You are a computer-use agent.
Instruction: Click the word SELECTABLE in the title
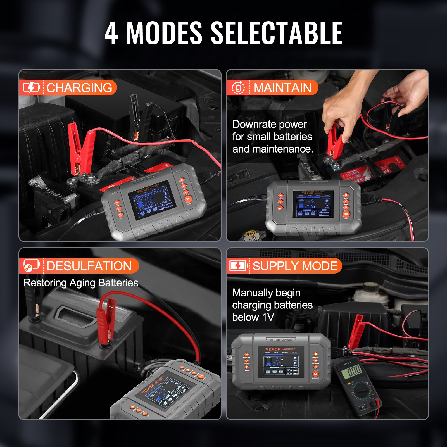[x=277, y=33]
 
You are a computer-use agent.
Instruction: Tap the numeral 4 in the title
[x=111, y=33]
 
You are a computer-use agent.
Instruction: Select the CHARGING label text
[x=79, y=88]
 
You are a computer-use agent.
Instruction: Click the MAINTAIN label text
[x=282, y=88]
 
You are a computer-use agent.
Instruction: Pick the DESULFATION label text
[x=89, y=266]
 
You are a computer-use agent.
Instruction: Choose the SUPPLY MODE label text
[x=295, y=266]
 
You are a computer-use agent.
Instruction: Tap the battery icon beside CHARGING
[x=31, y=88]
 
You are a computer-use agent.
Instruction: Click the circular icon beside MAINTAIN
[x=238, y=88]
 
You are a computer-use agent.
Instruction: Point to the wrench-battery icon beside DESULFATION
[x=31, y=265]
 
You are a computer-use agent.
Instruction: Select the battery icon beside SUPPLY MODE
[x=238, y=266]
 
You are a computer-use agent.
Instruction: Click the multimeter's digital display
[x=354, y=372]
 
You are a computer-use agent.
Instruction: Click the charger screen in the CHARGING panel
[x=152, y=200]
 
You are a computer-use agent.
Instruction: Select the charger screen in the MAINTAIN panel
[x=313, y=204]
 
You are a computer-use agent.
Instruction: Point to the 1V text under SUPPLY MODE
[x=268, y=317]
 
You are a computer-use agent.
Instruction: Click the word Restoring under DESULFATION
[x=45, y=283]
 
